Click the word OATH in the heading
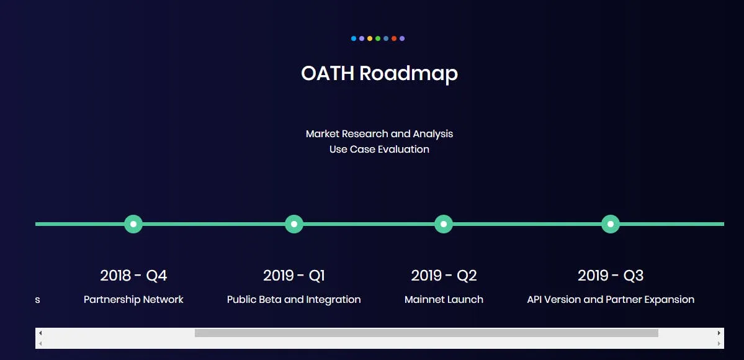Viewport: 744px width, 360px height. (328, 73)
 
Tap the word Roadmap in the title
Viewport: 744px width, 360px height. (408, 74)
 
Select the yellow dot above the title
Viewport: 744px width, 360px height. (370, 38)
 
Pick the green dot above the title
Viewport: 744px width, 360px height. (378, 38)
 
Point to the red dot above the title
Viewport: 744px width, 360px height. (394, 38)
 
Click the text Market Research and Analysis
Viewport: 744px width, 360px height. (379, 134)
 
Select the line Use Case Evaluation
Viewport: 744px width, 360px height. (379, 149)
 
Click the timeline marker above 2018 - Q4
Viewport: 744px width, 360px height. (133, 223)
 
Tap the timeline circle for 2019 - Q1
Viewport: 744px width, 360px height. (294, 223)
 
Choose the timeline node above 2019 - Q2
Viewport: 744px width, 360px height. (444, 223)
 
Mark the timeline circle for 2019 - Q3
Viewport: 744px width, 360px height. (611, 223)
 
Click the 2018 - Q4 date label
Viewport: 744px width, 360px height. (133, 276)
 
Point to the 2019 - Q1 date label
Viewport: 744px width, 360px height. (294, 276)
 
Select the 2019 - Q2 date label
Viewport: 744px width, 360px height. (444, 276)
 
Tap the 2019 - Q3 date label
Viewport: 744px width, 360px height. (611, 276)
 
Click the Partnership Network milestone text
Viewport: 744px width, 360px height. (133, 300)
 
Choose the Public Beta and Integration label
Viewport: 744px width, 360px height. (294, 300)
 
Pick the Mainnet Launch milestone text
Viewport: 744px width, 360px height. (444, 300)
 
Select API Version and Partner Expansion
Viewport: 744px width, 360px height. (611, 300)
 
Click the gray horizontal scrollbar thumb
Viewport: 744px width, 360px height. (426, 333)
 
